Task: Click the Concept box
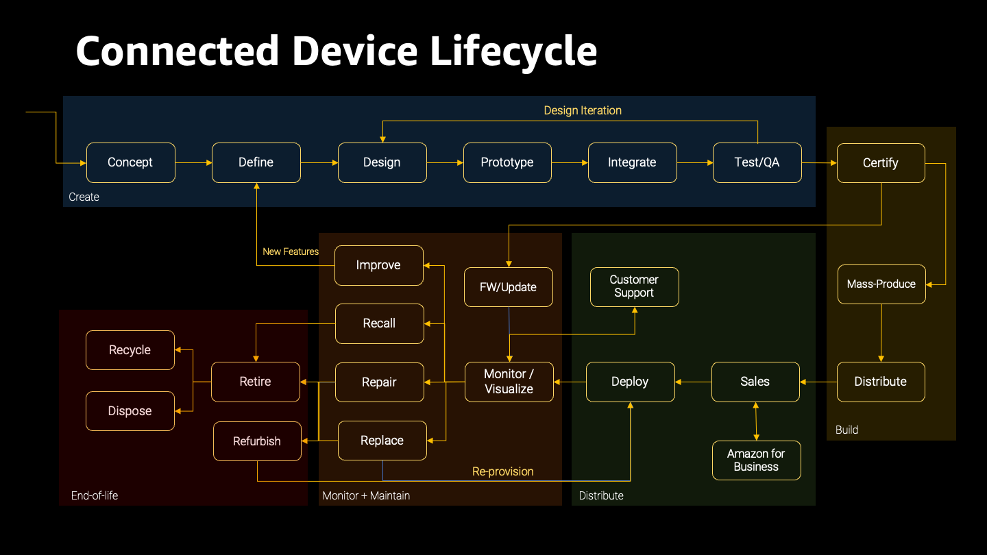click(x=130, y=162)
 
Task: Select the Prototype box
click(x=507, y=162)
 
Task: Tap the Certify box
click(x=881, y=163)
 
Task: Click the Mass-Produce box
click(x=881, y=284)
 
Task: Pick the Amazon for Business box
click(x=756, y=460)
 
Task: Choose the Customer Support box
click(x=634, y=286)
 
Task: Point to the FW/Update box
click(x=508, y=287)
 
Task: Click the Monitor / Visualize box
click(x=509, y=382)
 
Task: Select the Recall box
click(x=379, y=323)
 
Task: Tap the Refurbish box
click(x=257, y=441)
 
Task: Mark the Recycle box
click(x=130, y=350)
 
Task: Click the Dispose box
click(x=130, y=411)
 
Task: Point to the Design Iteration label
click(x=583, y=110)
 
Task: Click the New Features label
click(x=291, y=251)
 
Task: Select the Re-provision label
click(x=502, y=471)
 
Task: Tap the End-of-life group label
click(x=95, y=495)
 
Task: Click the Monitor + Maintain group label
click(x=366, y=495)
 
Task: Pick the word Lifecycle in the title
click(x=513, y=51)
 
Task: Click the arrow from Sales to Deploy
click(x=693, y=382)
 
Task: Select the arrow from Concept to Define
click(x=193, y=162)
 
